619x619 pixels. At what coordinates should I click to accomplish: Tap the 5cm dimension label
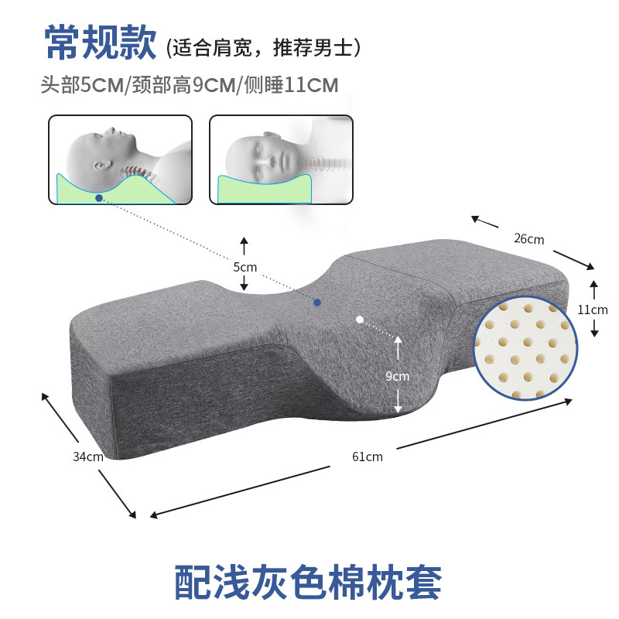click(x=245, y=266)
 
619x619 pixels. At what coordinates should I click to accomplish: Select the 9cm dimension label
click(x=397, y=376)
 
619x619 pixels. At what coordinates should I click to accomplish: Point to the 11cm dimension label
click(x=593, y=309)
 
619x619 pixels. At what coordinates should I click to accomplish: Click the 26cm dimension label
click(x=528, y=238)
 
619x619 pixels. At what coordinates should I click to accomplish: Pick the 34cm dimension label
click(x=87, y=457)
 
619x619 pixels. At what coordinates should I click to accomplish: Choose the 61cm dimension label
click(x=368, y=457)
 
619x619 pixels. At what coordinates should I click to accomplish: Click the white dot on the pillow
click(x=359, y=318)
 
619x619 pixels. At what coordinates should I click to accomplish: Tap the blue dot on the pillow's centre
click(x=316, y=302)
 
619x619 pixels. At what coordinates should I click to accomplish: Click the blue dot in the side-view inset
click(x=99, y=198)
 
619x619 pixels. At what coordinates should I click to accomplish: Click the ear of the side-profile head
click(x=101, y=166)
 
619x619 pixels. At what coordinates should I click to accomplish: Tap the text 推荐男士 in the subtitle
click(x=317, y=48)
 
